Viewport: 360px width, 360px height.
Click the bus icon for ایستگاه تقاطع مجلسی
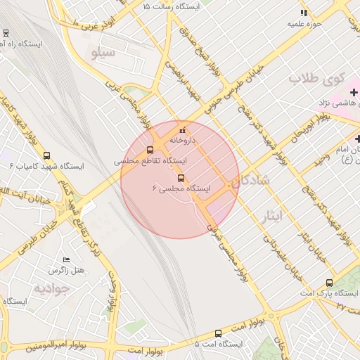tap(149, 150)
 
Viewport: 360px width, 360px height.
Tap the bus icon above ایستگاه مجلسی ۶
tap(181, 178)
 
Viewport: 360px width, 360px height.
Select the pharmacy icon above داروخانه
tap(183, 130)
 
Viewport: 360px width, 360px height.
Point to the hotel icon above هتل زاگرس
tap(67, 260)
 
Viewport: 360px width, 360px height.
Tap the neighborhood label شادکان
tap(250, 180)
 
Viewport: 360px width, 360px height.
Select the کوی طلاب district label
tap(314, 78)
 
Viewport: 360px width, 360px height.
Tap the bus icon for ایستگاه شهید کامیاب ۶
tap(46, 156)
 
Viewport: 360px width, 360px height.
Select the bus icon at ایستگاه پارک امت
tap(329, 283)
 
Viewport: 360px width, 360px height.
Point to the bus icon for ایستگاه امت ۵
tap(218, 334)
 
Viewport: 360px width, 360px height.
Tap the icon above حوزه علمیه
tap(304, 13)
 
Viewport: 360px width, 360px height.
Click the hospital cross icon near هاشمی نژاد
tap(354, 92)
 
